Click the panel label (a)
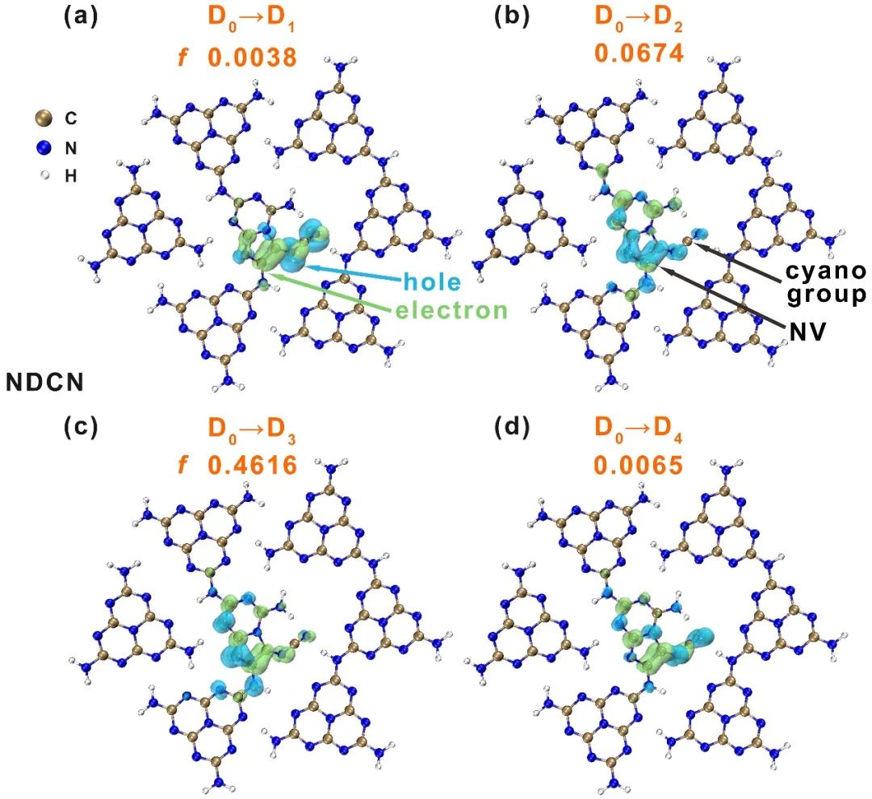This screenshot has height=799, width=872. (81, 17)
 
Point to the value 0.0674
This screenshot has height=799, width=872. (639, 54)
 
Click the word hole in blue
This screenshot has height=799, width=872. (432, 281)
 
